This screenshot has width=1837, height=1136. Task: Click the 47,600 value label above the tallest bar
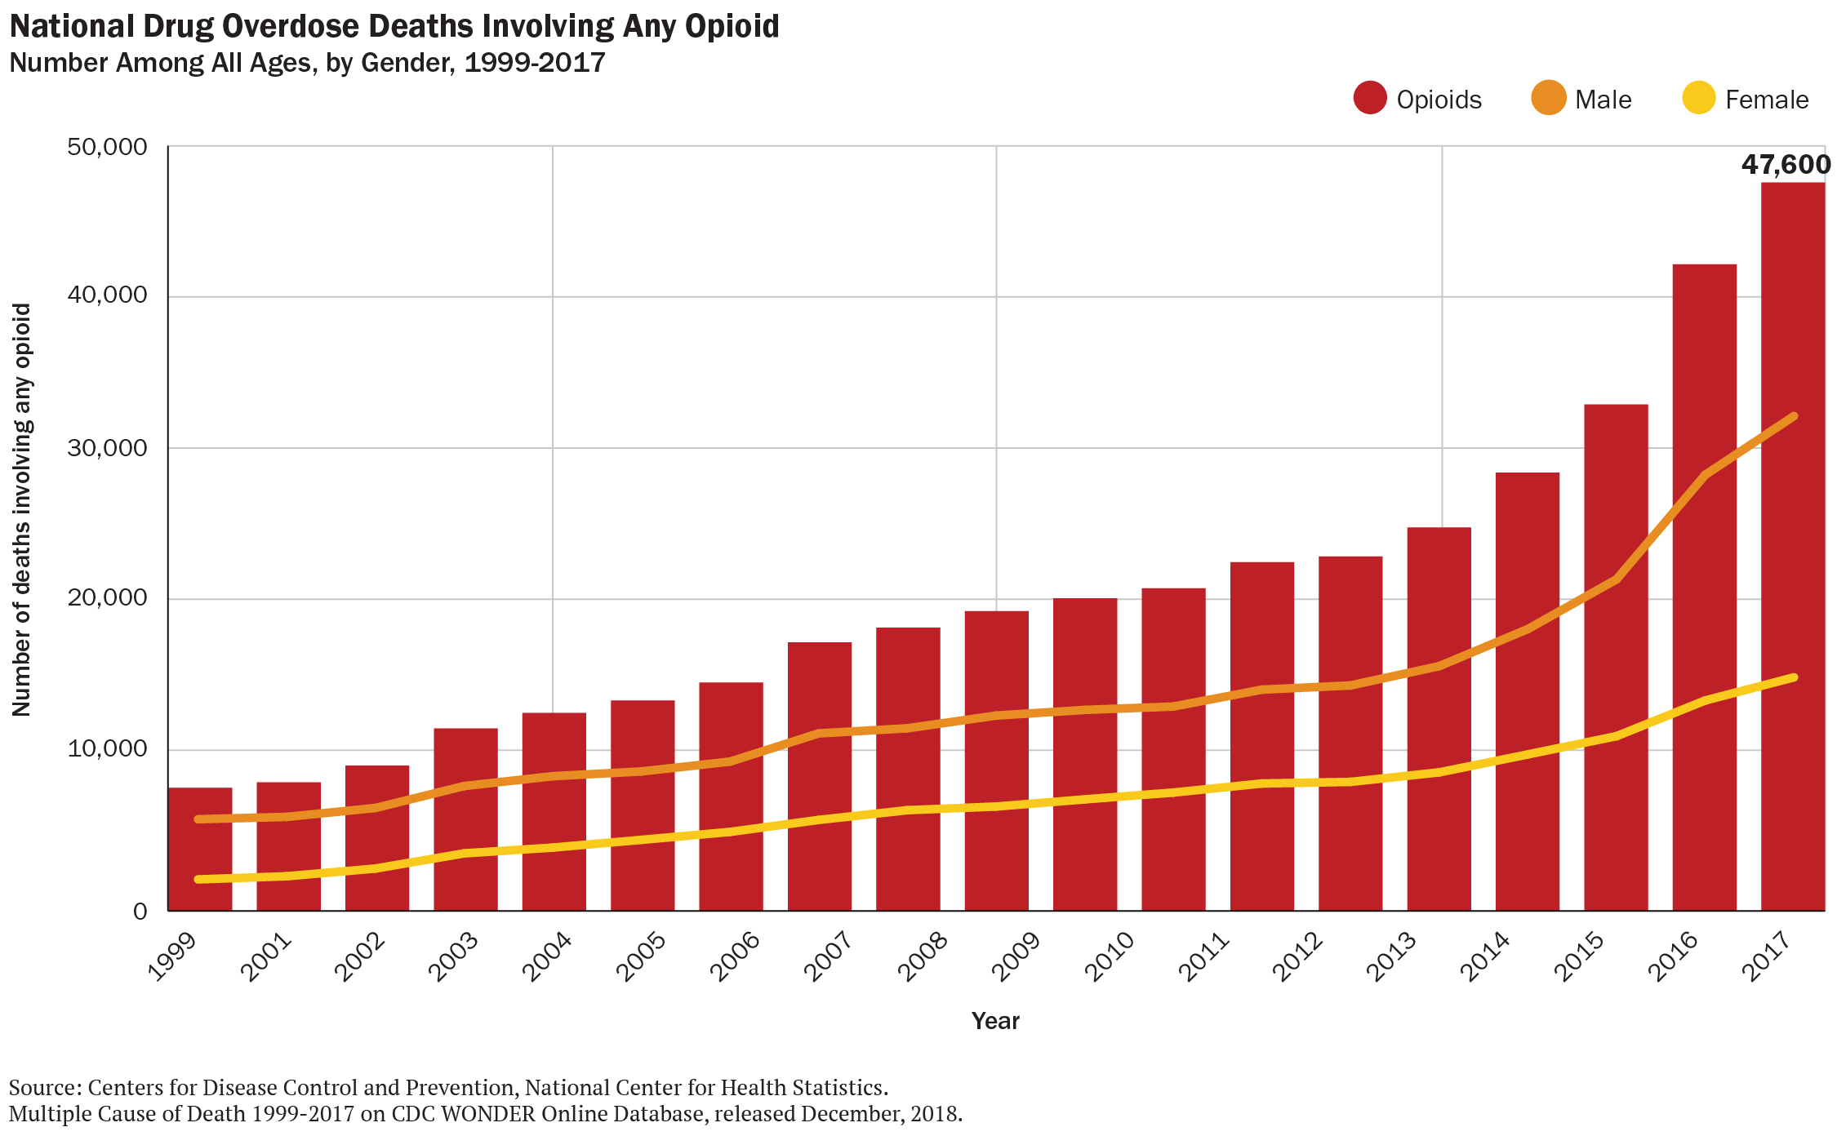click(1786, 165)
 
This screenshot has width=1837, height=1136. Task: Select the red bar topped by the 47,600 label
click(1792, 547)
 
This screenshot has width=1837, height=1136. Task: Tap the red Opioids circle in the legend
click(1370, 99)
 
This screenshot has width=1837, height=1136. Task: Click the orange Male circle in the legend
click(1548, 99)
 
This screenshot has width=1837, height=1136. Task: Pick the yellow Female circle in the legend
click(1699, 99)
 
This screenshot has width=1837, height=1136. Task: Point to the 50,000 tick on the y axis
click(107, 147)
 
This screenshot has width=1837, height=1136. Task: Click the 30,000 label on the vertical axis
click(107, 448)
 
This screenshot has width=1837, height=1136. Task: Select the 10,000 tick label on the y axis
click(107, 749)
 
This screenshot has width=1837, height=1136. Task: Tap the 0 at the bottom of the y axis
click(140, 911)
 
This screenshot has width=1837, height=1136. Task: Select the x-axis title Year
click(995, 1021)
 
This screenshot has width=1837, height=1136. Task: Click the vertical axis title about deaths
click(22, 510)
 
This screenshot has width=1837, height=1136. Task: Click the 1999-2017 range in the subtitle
click(535, 63)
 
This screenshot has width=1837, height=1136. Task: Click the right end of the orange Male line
click(1793, 417)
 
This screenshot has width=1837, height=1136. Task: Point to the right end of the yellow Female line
click(1793, 677)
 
